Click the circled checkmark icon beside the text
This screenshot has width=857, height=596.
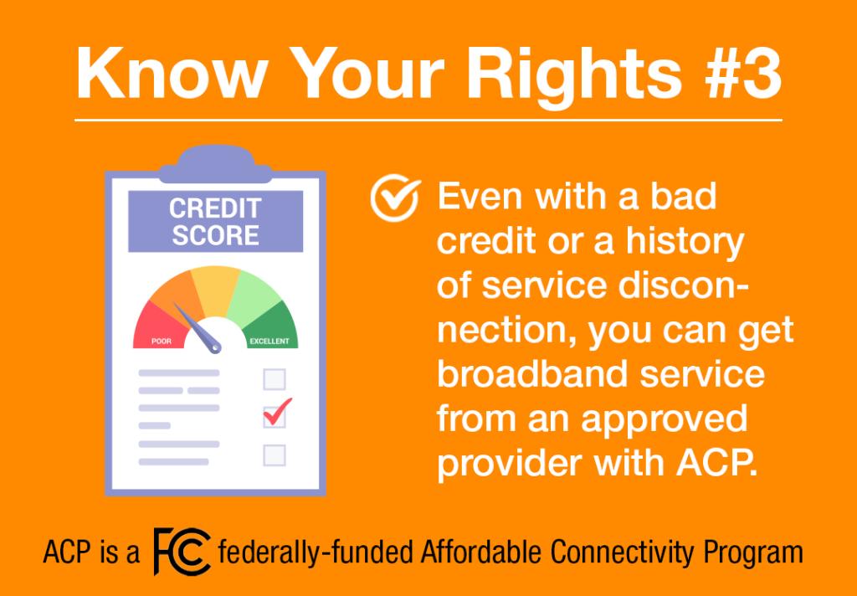tap(395, 197)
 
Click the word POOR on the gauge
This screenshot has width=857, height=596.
tap(162, 342)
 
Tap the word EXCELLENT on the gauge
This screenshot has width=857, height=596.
tap(269, 342)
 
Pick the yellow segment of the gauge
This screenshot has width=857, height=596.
tap(215, 290)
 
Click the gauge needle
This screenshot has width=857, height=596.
tap(198, 327)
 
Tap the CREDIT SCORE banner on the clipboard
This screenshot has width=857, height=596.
tap(215, 222)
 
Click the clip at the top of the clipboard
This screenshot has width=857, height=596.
tap(215, 164)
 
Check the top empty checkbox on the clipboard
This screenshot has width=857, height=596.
tap(275, 379)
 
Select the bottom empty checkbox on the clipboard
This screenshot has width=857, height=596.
tap(275, 455)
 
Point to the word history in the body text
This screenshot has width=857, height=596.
tap(685, 243)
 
